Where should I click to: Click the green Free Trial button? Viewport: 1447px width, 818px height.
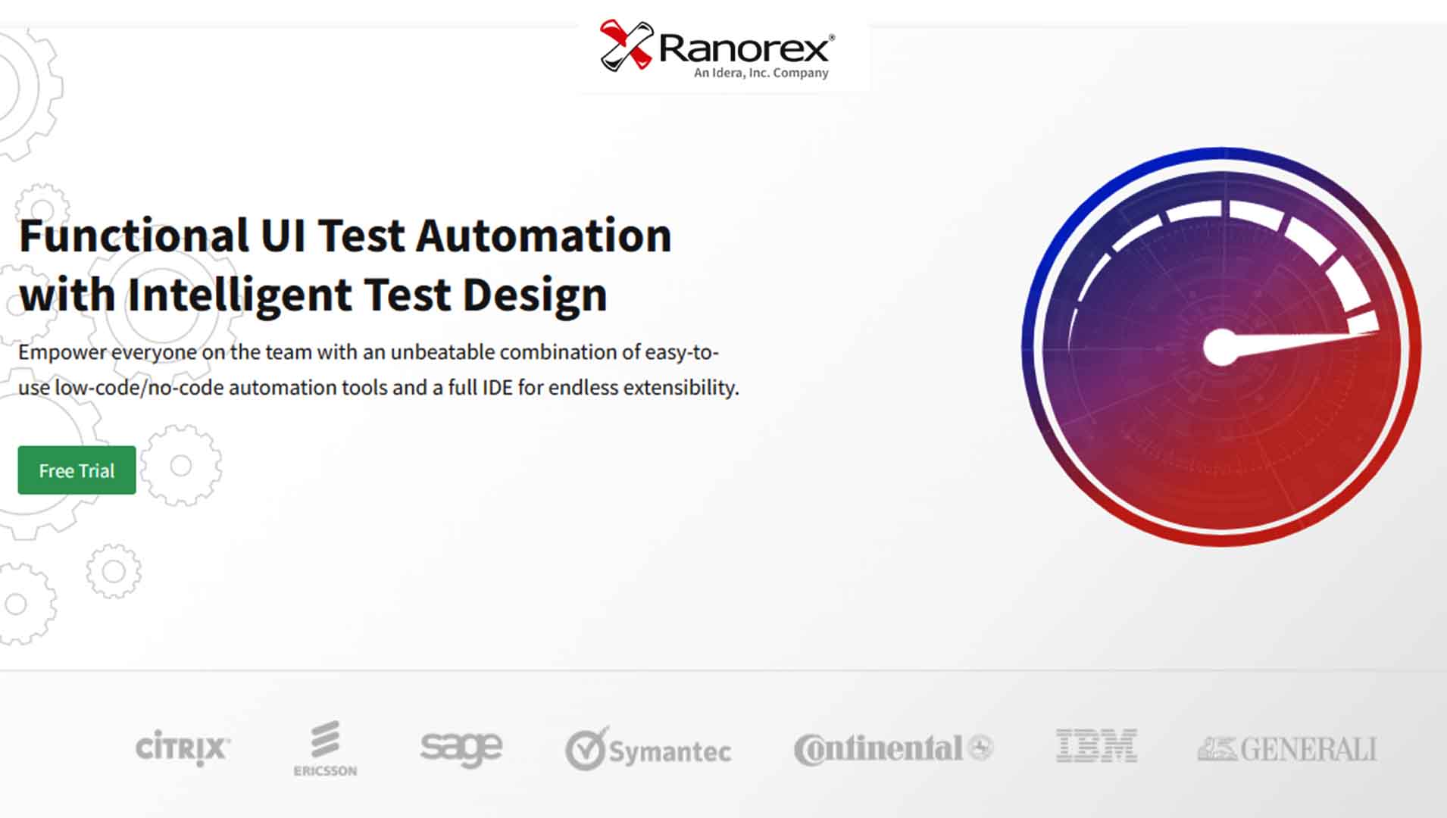pyautogui.click(x=77, y=470)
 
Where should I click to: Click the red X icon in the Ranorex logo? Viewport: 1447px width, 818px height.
pyautogui.click(x=626, y=45)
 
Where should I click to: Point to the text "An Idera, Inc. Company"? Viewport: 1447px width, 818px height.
pyautogui.click(x=761, y=73)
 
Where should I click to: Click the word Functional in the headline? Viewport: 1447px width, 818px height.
pyautogui.click(x=133, y=236)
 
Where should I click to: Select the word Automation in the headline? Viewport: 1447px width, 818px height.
pyautogui.click(x=543, y=236)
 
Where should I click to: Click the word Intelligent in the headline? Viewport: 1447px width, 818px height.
pyautogui.click(x=239, y=295)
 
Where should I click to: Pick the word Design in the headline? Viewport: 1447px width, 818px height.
pyautogui.click(x=534, y=295)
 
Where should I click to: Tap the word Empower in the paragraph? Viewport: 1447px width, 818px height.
pyautogui.click(x=62, y=352)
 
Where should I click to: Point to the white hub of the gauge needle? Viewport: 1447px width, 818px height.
pyautogui.click(x=1220, y=348)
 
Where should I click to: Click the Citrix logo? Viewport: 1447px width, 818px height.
pyautogui.click(x=183, y=748)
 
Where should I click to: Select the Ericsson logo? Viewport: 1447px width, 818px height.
pyautogui.click(x=325, y=748)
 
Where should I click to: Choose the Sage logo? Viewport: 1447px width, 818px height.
pyautogui.click(x=461, y=748)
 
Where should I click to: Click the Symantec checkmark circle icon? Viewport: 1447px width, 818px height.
pyautogui.click(x=586, y=749)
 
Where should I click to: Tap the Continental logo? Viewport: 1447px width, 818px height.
pyautogui.click(x=892, y=748)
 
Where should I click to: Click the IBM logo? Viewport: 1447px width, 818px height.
pyautogui.click(x=1096, y=746)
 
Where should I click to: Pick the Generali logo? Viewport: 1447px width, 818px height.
pyautogui.click(x=1286, y=749)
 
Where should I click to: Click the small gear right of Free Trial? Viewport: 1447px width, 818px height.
pyautogui.click(x=180, y=465)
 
